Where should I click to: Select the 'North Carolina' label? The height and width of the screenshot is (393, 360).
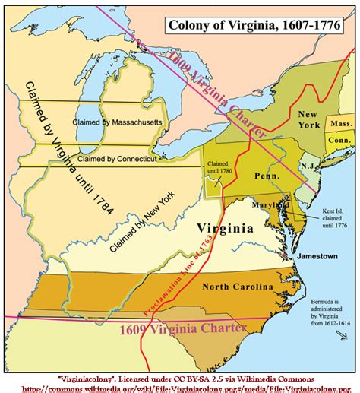click(238, 287)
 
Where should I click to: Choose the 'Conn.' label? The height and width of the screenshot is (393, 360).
click(339, 141)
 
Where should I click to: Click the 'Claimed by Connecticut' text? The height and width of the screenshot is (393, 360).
click(114, 159)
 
